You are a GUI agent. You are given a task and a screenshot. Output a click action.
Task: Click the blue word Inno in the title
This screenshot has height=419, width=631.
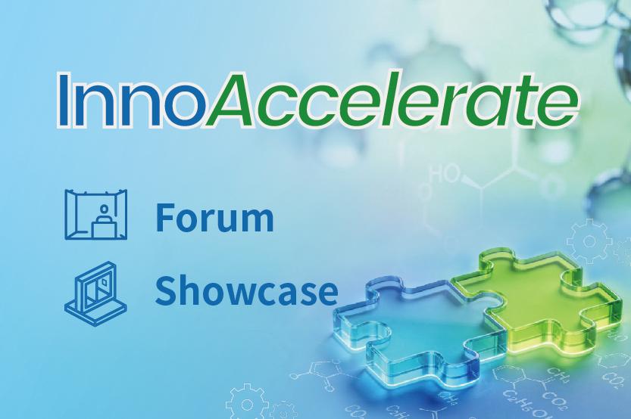coord(130,101)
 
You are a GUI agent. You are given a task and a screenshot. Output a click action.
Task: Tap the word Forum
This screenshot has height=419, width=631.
coord(214,218)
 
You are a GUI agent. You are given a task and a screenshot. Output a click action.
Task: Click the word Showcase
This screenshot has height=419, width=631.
coord(246,290)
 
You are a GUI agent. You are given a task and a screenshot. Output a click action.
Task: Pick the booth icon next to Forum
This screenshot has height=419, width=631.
coord(95,214)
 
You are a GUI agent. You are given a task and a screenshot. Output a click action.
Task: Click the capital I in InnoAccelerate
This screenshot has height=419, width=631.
coord(64,101)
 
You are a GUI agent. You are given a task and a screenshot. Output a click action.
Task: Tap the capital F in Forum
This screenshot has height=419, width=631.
coord(166,218)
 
